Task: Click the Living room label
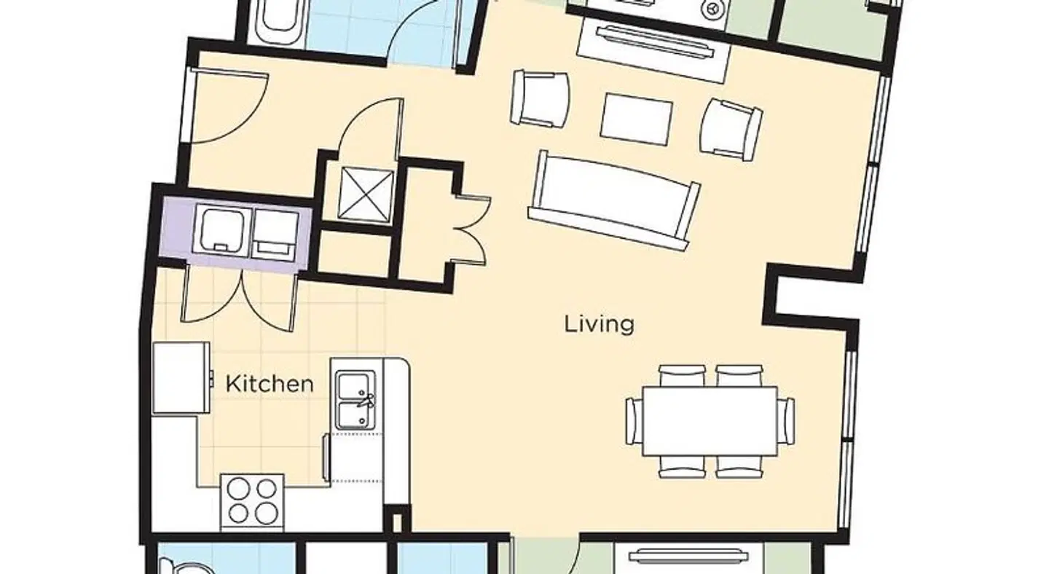pyautogui.click(x=599, y=324)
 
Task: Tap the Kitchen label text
pyautogui.click(x=270, y=384)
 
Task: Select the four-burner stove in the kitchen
pyautogui.click(x=252, y=503)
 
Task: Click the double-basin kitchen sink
pyautogui.click(x=356, y=400)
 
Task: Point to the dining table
pyautogui.click(x=710, y=421)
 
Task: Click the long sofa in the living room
pyautogui.click(x=614, y=200)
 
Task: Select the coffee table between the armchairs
pyautogui.click(x=637, y=119)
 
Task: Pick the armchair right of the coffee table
pyautogui.click(x=731, y=129)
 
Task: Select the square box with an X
pyautogui.click(x=366, y=194)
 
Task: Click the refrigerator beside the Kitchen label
pyautogui.click(x=181, y=378)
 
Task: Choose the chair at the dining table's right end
pyautogui.click(x=786, y=421)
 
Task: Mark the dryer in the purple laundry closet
pyautogui.click(x=275, y=234)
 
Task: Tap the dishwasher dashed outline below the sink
pyautogui.click(x=357, y=457)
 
